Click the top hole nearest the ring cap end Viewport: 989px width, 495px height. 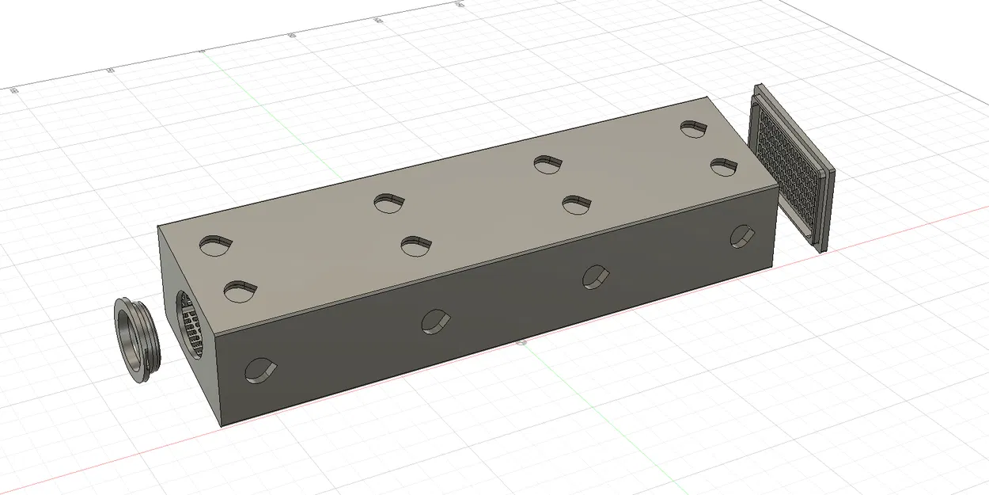coord(215,245)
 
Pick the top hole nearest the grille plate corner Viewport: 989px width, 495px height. coord(693,128)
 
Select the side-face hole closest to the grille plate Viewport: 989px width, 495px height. coord(741,235)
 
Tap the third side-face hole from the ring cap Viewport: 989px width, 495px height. coord(595,276)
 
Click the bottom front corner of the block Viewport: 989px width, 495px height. coord(221,425)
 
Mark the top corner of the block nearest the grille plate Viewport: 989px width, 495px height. coord(707,98)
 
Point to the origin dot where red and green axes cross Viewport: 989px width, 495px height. coord(521,343)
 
